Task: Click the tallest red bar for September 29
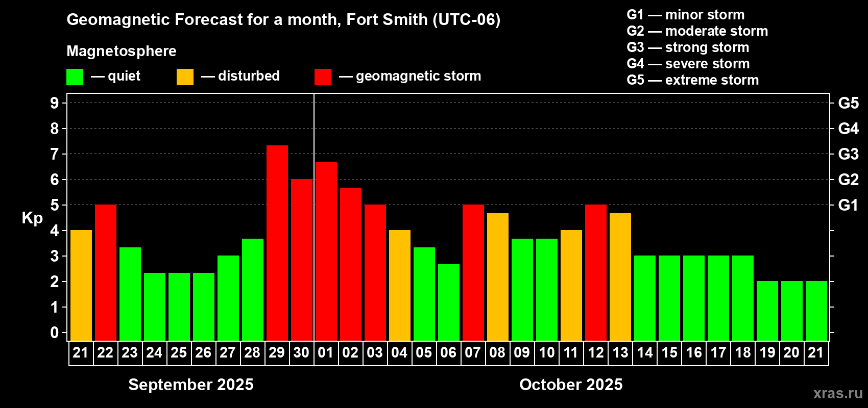tap(277, 243)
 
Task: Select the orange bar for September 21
tap(81, 285)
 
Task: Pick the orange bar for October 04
tap(400, 285)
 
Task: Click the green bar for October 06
tap(449, 302)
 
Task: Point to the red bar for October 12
tap(596, 272)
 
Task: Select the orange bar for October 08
tap(498, 276)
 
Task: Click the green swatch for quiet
tap(75, 77)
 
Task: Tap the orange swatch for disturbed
tap(185, 77)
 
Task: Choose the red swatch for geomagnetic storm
tap(323, 77)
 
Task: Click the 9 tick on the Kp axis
tap(55, 103)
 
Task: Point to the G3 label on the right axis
tap(848, 154)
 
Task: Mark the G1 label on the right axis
tap(848, 205)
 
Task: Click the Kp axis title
tap(32, 218)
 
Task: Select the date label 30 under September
tap(301, 352)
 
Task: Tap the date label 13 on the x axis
tap(620, 352)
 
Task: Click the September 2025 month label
tap(191, 385)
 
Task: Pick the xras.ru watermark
tap(838, 393)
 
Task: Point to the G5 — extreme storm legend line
tap(693, 80)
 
